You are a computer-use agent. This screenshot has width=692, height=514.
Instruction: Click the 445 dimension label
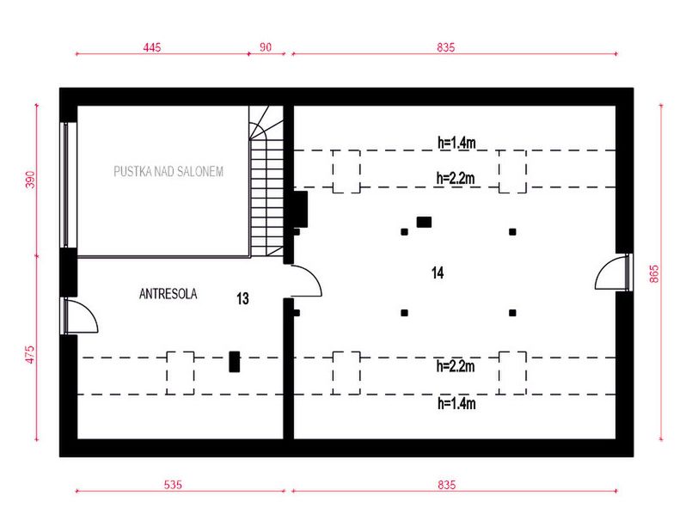tap(153, 46)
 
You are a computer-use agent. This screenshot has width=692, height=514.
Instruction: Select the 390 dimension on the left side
tap(28, 181)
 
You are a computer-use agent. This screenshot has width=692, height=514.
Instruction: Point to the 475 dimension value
tap(28, 354)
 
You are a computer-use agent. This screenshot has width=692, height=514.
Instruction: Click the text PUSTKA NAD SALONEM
tap(168, 172)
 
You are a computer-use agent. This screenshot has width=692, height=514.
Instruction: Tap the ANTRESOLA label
tap(168, 294)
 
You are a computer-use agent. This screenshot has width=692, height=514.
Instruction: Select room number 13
tap(242, 299)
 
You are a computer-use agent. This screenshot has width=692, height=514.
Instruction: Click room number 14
tap(438, 273)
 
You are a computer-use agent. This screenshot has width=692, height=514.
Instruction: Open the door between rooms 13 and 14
tap(306, 282)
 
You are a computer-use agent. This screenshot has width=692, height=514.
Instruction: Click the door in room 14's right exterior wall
tap(612, 273)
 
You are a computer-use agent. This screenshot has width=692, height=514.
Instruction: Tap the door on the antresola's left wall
tap(83, 316)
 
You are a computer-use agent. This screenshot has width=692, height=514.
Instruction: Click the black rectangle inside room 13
tap(233, 362)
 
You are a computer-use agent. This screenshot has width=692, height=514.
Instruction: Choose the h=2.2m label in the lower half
tap(456, 366)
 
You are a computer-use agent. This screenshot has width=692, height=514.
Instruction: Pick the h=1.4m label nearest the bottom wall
tap(456, 403)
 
